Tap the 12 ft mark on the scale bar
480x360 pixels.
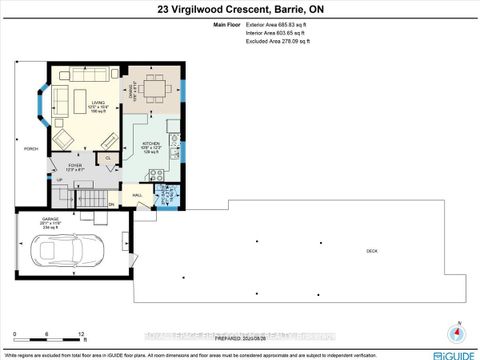click(83, 334)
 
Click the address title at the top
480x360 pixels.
click(239, 10)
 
